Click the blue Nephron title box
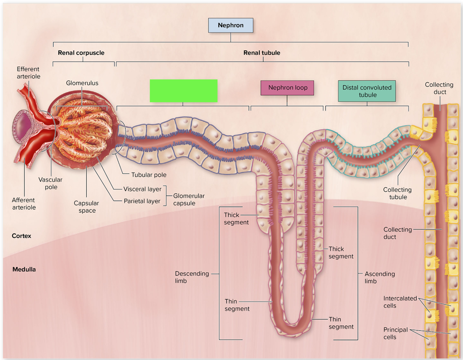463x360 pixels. (231, 25)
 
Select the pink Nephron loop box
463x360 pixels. (287, 88)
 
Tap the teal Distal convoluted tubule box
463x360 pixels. (367, 91)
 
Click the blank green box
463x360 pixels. (183, 91)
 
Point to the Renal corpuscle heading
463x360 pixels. (81, 53)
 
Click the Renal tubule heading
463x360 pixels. (262, 53)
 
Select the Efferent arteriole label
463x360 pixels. (28, 73)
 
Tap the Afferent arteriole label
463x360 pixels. (24, 204)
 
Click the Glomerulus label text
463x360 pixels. (82, 83)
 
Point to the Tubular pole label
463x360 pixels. (149, 175)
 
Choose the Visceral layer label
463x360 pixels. (142, 189)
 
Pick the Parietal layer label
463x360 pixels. (142, 201)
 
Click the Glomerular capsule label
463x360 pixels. (189, 199)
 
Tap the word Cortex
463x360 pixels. (22, 236)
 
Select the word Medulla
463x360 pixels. (24, 269)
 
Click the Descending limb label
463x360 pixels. (192, 277)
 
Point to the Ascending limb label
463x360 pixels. (380, 277)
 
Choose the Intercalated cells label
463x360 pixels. (400, 302)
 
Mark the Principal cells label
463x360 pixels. (396, 333)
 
